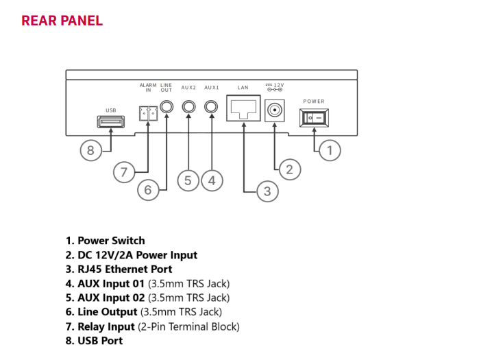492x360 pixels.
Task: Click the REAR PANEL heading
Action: tap(62, 21)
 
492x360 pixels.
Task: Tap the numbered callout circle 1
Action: tap(330, 150)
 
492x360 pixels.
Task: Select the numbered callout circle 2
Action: tap(288, 169)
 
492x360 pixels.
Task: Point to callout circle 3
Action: tap(267, 191)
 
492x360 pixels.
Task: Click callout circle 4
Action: tap(212, 180)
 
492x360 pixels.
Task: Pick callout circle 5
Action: tap(188, 180)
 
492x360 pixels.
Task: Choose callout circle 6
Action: tap(148, 189)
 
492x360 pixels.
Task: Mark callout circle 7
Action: tap(124, 171)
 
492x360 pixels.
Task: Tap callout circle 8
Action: tap(90, 150)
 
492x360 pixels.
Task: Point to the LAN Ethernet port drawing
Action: tap(242, 107)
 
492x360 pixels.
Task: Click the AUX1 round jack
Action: tap(212, 106)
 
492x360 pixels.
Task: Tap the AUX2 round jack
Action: tap(188, 106)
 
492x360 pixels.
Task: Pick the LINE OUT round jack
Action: tap(167, 106)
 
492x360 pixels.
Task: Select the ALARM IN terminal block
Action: tap(147, 112)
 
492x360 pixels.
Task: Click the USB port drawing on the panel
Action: tap(110, 122)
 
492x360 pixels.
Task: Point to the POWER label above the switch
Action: tap(314, 101)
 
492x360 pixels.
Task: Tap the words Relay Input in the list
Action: tap(106, 326)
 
